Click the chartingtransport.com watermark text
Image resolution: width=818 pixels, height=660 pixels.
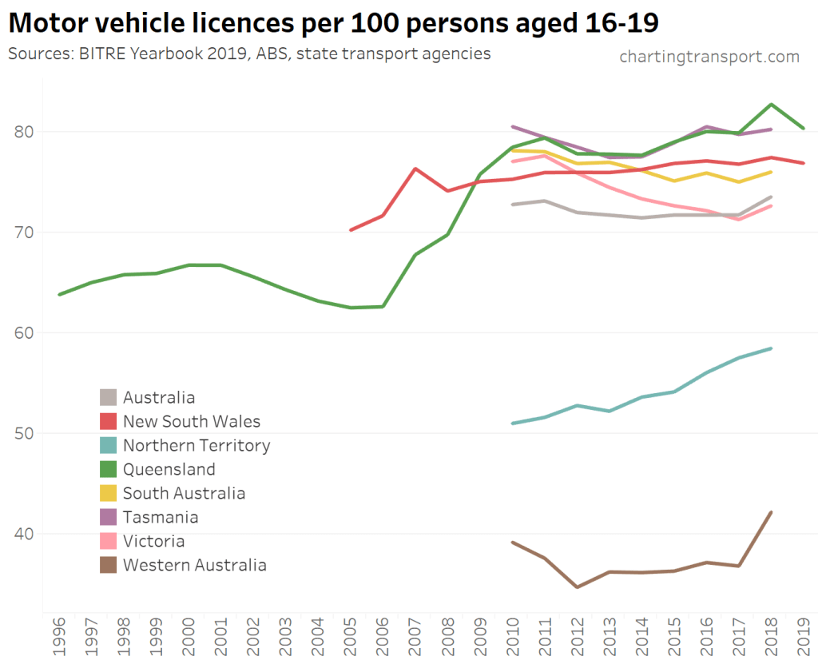pyautogui.click(x=709, y=57)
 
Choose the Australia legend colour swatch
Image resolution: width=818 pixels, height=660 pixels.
pyautogui.click(x=109, y=397)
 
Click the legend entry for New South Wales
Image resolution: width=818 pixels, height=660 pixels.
pyautogui.click(x=191, y=421)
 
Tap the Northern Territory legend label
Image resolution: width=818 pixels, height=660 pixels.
pyautogui.click(x=197, y=445)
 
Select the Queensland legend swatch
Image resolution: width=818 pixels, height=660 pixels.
pyautogui.click(x=109, y=469)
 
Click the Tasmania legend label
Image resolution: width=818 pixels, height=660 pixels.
pyautogui.click(x=161, y=517)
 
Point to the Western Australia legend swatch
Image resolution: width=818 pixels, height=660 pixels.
pyautogui.click(x=109, y=565)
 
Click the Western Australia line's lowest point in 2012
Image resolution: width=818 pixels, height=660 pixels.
pyautogui.click(x=577, y=587)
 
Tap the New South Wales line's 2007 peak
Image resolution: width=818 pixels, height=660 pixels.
pyautogui.click(x=415, y=169)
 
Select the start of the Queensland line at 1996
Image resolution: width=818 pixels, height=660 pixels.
pyautogui.click(x=60, y=294)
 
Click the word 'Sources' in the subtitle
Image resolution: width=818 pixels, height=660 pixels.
pyautogui.click(x=37, y=54)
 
